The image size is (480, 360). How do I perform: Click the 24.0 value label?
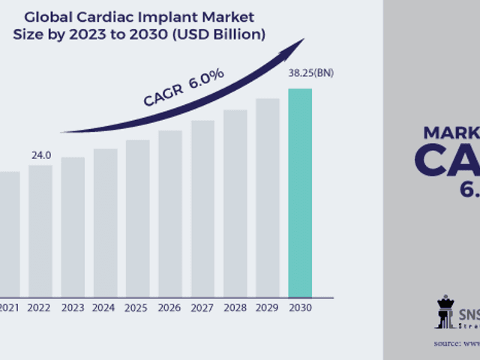point(40,155)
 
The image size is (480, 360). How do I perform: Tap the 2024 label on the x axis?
point(105,307)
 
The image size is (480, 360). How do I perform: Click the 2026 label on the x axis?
point(169,307)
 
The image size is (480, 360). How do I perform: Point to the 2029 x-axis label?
point(267,307)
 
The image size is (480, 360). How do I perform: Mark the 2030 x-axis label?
point(300,307)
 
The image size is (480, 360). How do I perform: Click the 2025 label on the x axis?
point(137,307)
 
